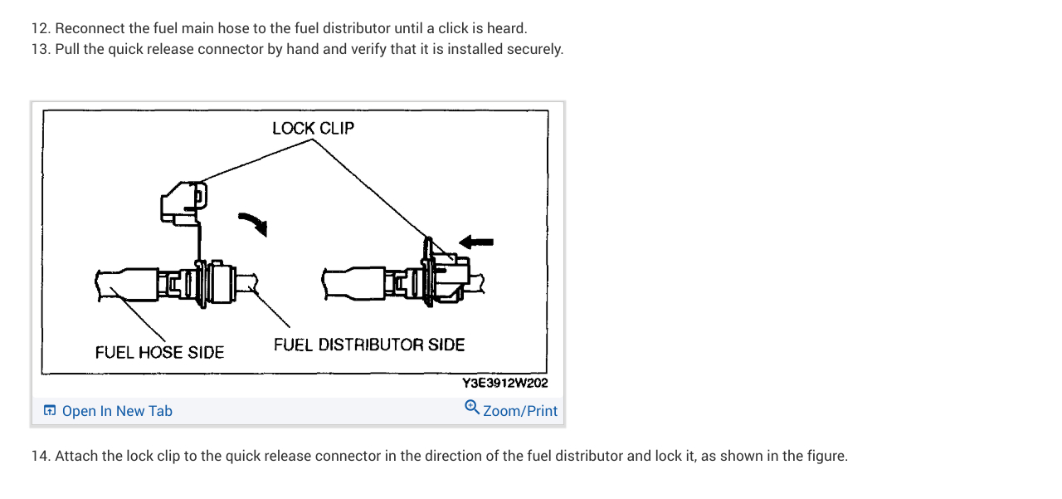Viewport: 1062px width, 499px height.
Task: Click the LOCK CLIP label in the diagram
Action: [313, 128]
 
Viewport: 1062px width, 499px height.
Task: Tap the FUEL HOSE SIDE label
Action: [159, 352]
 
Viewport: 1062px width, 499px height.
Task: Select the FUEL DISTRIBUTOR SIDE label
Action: [369, 344]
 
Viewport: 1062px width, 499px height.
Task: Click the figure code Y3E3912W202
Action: [504, 384]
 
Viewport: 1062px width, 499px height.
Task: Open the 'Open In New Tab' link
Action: [117, 411]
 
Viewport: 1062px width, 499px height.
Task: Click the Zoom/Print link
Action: [520, 411]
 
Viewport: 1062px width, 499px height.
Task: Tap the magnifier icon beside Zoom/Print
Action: [472, 407]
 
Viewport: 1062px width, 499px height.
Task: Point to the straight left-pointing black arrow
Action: [476, 242]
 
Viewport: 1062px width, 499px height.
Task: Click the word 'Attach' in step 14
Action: [76, 456]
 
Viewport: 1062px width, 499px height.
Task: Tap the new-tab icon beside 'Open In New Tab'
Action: [50, 411]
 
